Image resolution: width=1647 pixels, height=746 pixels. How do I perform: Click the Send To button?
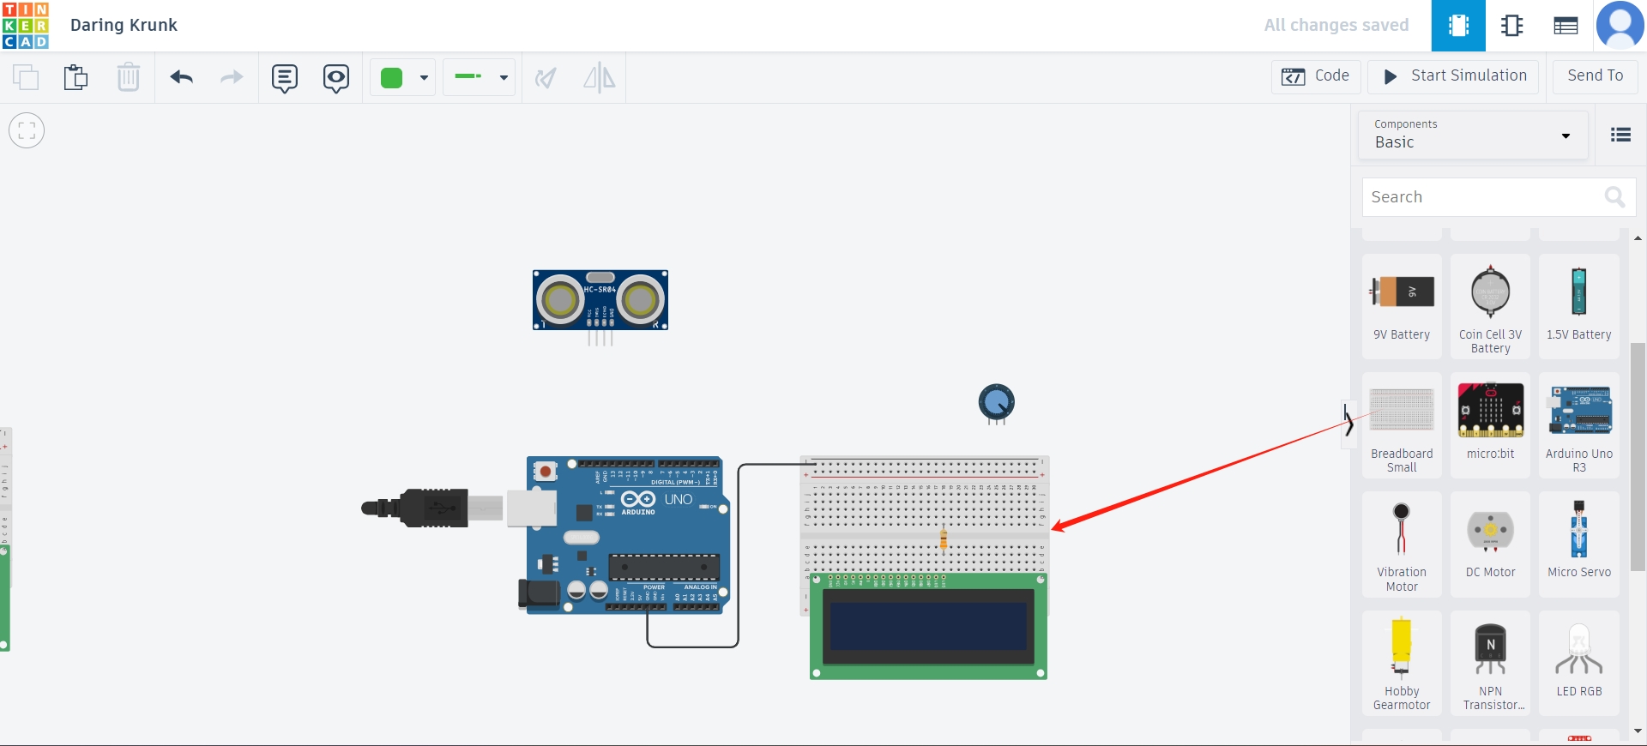click(x=1594, y=76)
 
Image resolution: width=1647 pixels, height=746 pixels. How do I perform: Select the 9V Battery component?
click(x=1402, y=304)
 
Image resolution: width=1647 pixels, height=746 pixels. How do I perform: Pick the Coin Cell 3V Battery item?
click(x=1490, y=304)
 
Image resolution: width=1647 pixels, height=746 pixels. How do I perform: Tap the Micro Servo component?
click(x=1578, y=541)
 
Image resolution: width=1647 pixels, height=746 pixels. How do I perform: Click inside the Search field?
click(x=1484, y=197)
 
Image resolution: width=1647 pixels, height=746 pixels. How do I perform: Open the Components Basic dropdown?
click(x=1473, y=135)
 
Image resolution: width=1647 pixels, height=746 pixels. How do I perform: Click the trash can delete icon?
click(x=128, y=77)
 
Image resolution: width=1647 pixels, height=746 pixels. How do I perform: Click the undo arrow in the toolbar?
click(x=181, y=77)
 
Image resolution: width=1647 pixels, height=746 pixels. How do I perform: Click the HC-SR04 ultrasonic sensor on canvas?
click(x=600, y=300)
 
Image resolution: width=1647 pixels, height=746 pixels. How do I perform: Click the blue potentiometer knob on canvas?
click(x=996, y=401)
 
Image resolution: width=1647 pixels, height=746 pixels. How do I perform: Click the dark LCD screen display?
click(x=927, y=626)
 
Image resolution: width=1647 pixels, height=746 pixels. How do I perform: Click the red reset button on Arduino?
click(x=545, y=471)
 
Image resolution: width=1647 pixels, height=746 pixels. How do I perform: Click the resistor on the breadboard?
click(x=943, y=539)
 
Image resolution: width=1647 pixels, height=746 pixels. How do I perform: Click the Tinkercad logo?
click(x=26, y=25)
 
